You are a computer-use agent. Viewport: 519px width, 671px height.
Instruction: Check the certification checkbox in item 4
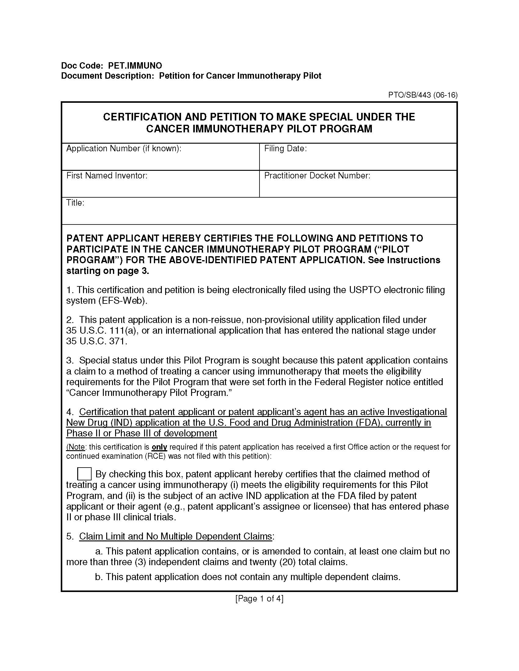pos(84,473)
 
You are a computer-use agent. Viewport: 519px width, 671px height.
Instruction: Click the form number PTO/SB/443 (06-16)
pos(423,95)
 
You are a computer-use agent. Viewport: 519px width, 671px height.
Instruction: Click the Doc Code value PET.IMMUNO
pos(135,66)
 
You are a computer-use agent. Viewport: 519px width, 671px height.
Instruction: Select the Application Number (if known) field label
pos(124,149)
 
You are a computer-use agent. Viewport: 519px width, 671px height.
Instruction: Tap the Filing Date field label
pos(285,149)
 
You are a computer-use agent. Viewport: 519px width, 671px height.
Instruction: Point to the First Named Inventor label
pos(107,175)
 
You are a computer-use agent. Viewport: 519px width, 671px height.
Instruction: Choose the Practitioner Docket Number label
pos(317,175)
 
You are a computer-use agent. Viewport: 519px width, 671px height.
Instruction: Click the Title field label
pos(75,203)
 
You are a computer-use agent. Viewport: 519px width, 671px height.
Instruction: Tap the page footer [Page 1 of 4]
pos(259,598)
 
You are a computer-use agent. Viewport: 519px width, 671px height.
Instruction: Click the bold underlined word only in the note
pos(159,447)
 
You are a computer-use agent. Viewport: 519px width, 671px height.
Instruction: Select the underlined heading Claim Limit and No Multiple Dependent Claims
pos(176,536)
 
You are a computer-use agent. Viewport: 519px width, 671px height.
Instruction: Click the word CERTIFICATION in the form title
pos(142,117)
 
